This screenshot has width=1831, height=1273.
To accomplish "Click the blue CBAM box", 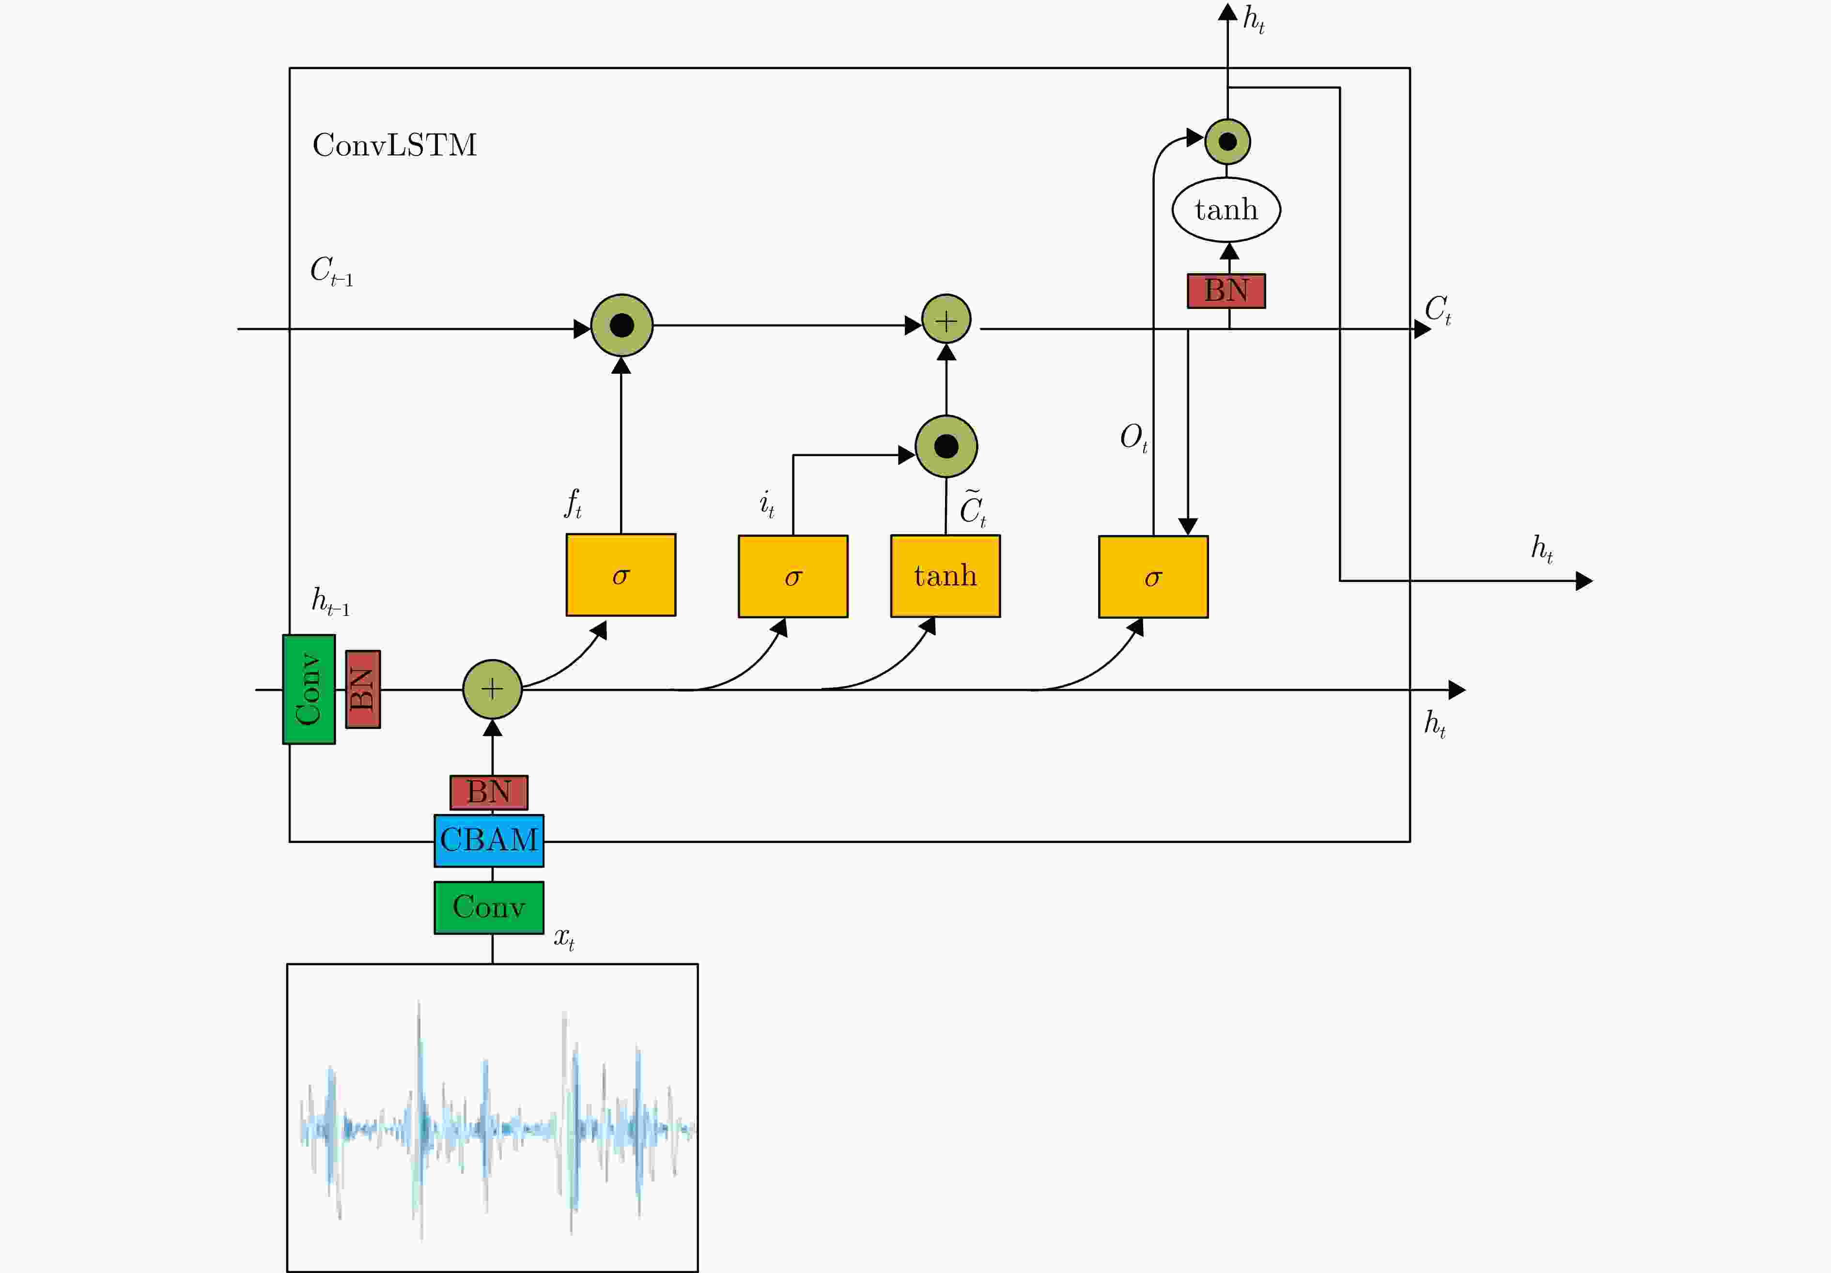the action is (x=489, y=840).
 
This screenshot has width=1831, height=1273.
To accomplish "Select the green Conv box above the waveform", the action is (x=489, y=907).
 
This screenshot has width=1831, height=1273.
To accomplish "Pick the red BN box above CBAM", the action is (x=489, y=792).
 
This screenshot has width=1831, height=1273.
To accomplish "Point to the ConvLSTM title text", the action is (x=395, y=145).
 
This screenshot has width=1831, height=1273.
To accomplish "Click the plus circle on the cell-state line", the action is (x=947, y=320).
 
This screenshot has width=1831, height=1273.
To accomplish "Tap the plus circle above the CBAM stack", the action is (x=493, y=689).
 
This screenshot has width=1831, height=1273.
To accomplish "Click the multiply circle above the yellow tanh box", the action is (x=947, y=446).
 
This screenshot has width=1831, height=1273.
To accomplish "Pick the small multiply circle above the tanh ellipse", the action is (x=1228, y=142).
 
